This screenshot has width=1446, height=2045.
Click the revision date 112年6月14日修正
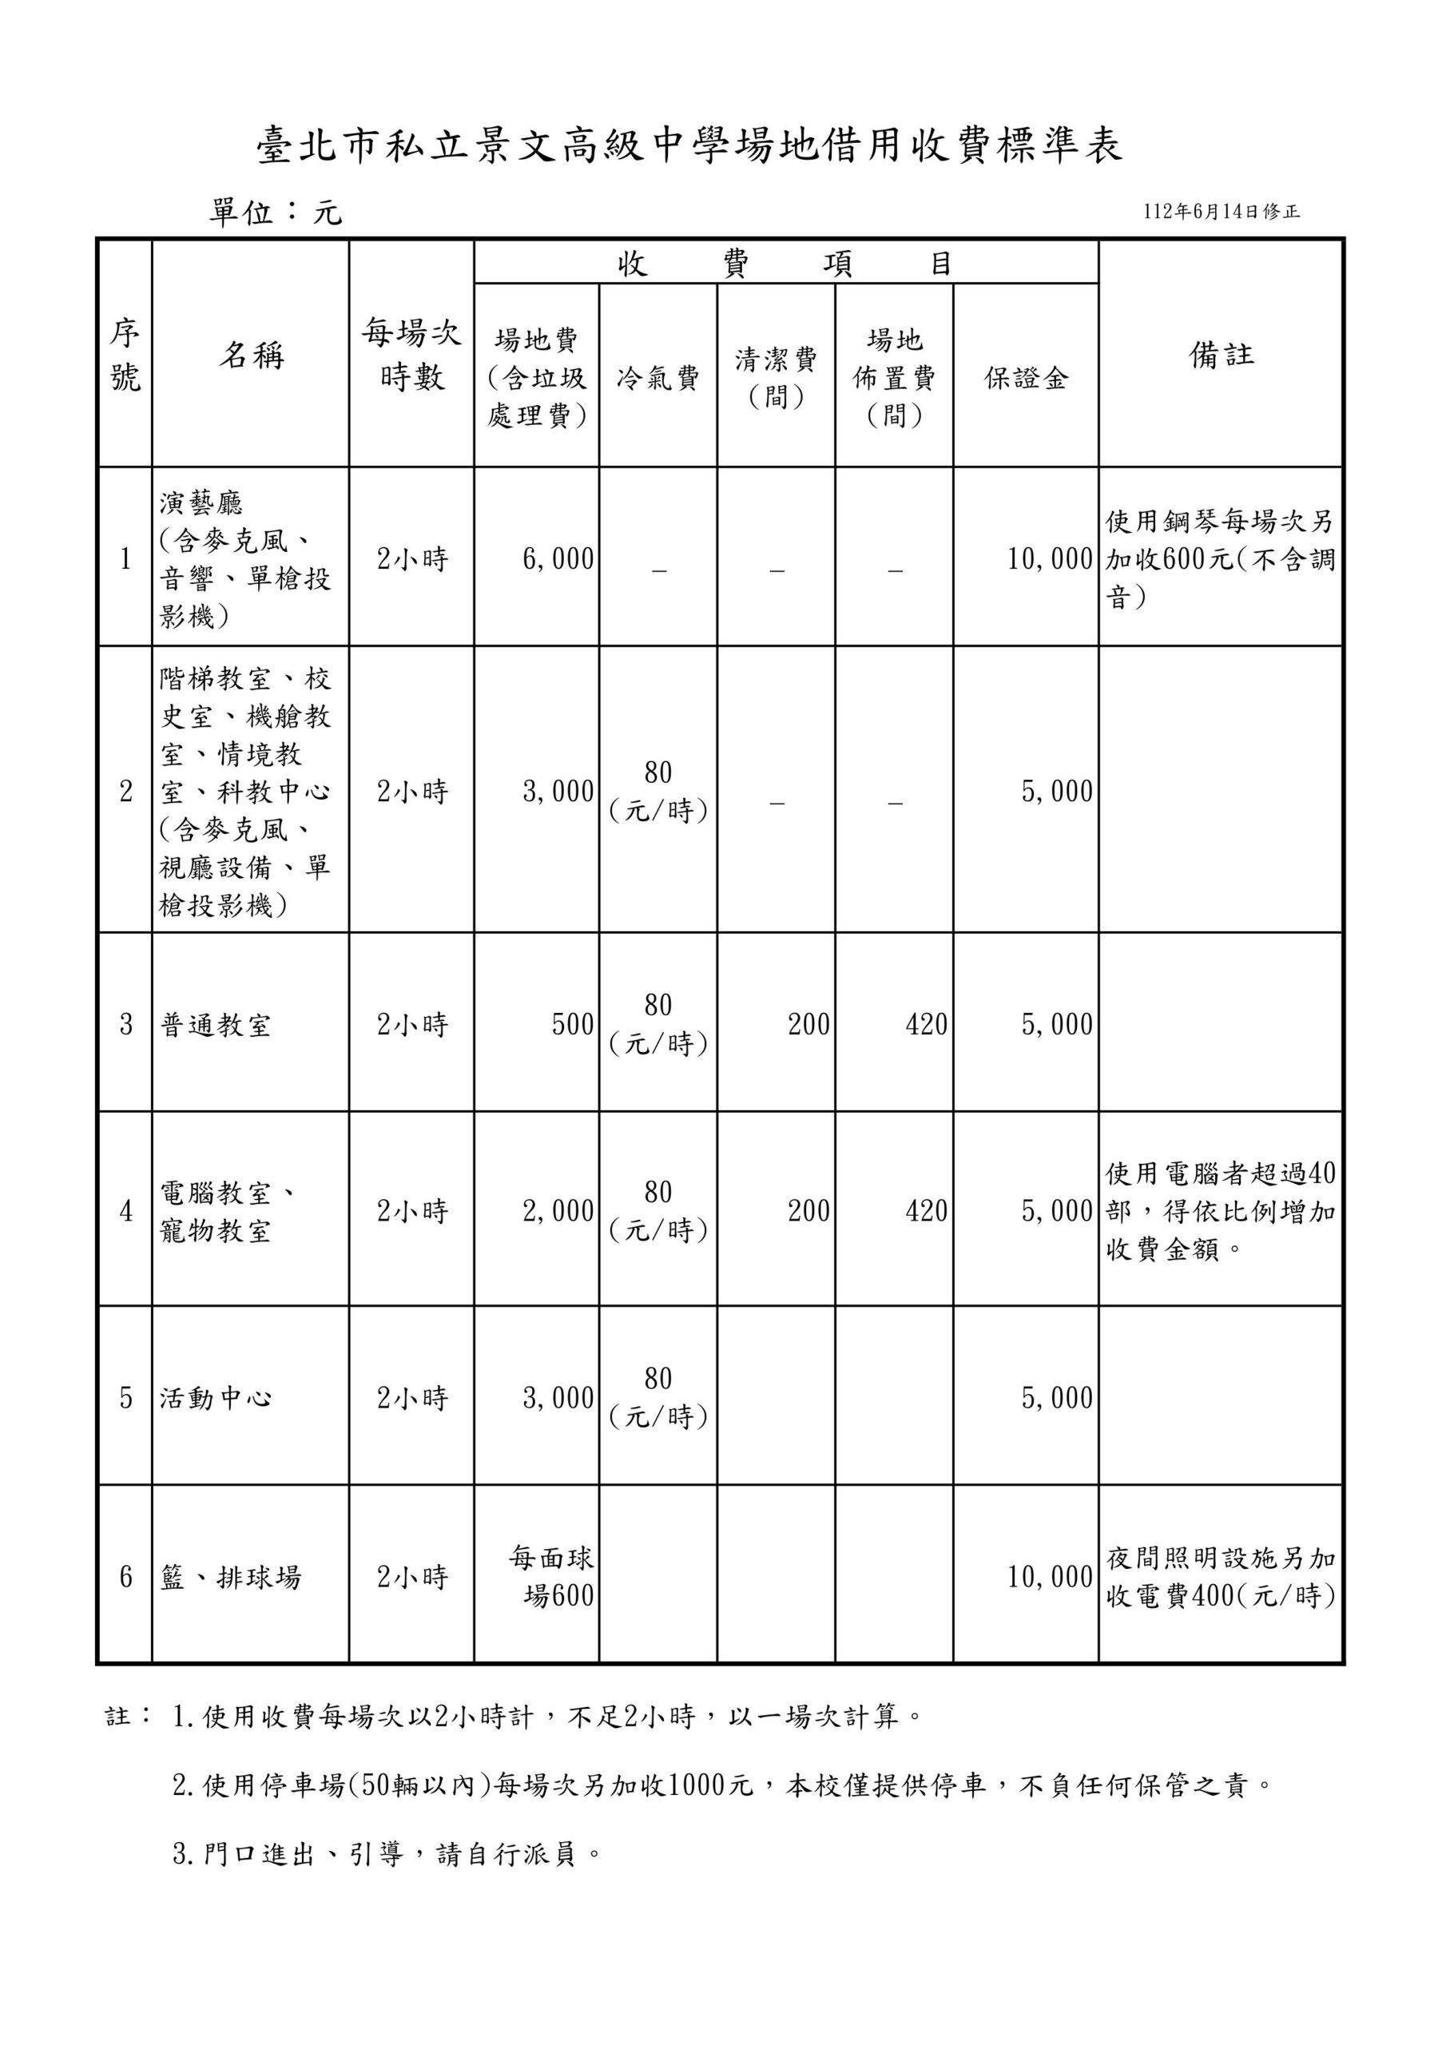[x=1222, y=212]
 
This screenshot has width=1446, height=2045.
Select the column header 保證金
[x=1026, y=379]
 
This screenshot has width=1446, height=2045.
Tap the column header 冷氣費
[x=657, y=379]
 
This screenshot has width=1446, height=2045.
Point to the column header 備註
[x=1221, y=355]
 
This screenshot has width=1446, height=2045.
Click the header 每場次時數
[x=411, y=355]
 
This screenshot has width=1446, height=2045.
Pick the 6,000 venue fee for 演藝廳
[x=558, y=559]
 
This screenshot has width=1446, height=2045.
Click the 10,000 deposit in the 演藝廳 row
[x=1050, y=559]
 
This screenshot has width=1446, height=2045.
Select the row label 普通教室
[x=216, y=1025]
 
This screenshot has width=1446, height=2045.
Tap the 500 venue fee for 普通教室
[x=572, y=1025]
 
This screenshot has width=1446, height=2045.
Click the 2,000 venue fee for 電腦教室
[x=558, y=1211]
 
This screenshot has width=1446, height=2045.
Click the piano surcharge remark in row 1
[x=1221, y=559]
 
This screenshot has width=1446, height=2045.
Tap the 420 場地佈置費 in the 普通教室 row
[x=926, y=1025]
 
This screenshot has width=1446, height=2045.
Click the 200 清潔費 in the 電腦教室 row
[x=808, y=1211]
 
